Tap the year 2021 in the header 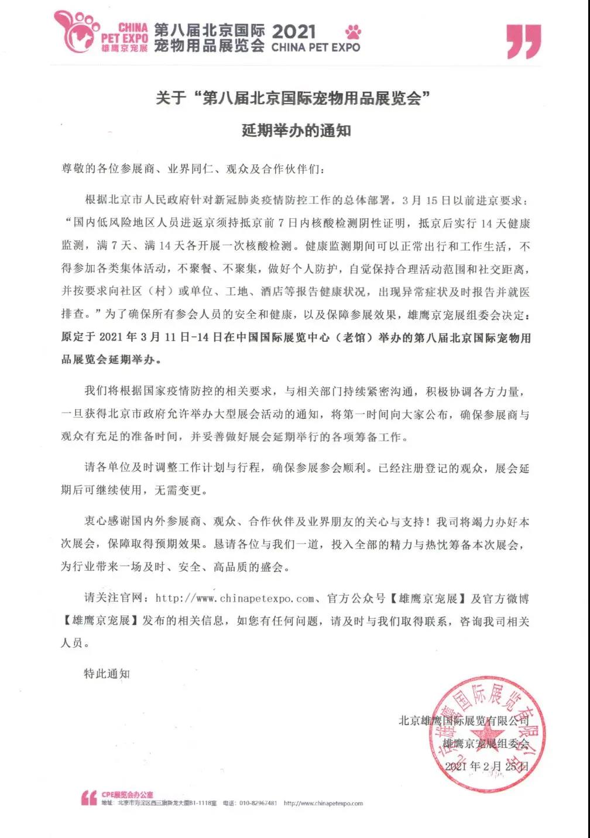[x=294, y=31]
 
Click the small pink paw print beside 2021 [x=353, y=32]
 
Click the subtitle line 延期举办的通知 [x=296, y=129]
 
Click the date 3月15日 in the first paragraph [x=426, y=200]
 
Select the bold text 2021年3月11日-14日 [x=154, y=337]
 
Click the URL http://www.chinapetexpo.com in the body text [x=235, y=598]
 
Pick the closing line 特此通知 [x=107, y=674]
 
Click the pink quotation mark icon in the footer [x=89, y=798]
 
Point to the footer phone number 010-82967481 [x=258, y=803]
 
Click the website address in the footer [x=323, y=803]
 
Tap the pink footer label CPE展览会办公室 [x=127, y=795]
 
